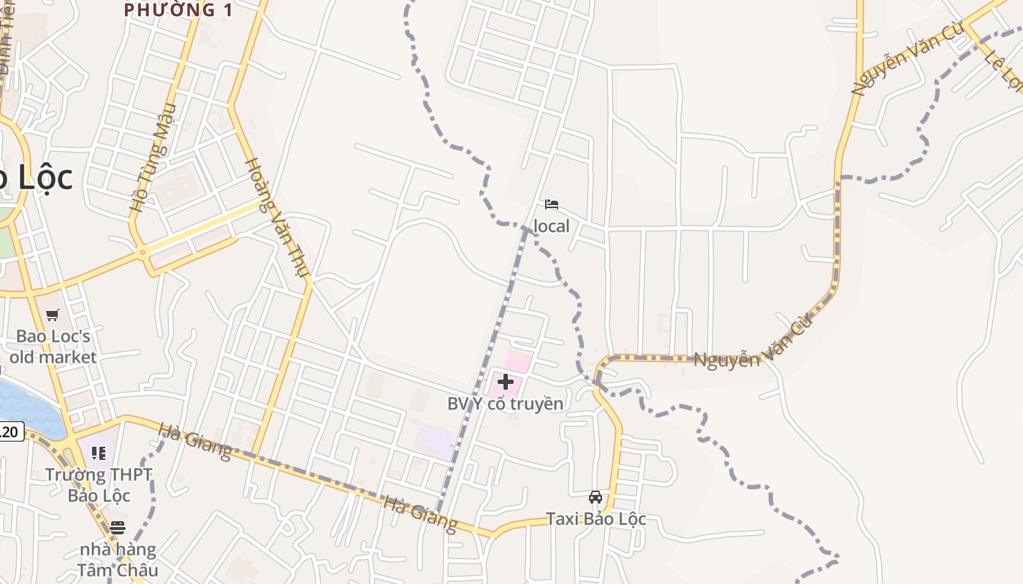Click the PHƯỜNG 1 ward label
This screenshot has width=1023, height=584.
coord(178,9)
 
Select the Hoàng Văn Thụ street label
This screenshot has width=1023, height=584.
coord(277,218)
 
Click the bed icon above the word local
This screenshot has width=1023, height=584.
coord(552,204)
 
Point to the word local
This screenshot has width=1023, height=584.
coord(551,226)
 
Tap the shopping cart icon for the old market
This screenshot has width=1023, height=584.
coord(52,315)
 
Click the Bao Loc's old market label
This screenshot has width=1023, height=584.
coord(53,347)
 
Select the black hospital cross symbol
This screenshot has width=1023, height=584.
coord(505,381)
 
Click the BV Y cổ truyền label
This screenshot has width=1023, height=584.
coord(505,404)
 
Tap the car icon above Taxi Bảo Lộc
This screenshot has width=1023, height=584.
coord(596,497)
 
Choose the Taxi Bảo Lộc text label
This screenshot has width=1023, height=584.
coord(596,519)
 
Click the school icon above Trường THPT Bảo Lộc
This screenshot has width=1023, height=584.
coord(99,453)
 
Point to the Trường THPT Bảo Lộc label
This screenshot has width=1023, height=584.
coord(99,485)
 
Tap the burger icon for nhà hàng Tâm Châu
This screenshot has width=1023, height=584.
coord(118,527)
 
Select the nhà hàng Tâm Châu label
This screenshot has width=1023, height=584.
coord(118,559)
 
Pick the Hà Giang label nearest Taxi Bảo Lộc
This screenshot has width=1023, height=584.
coord(419,515)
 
